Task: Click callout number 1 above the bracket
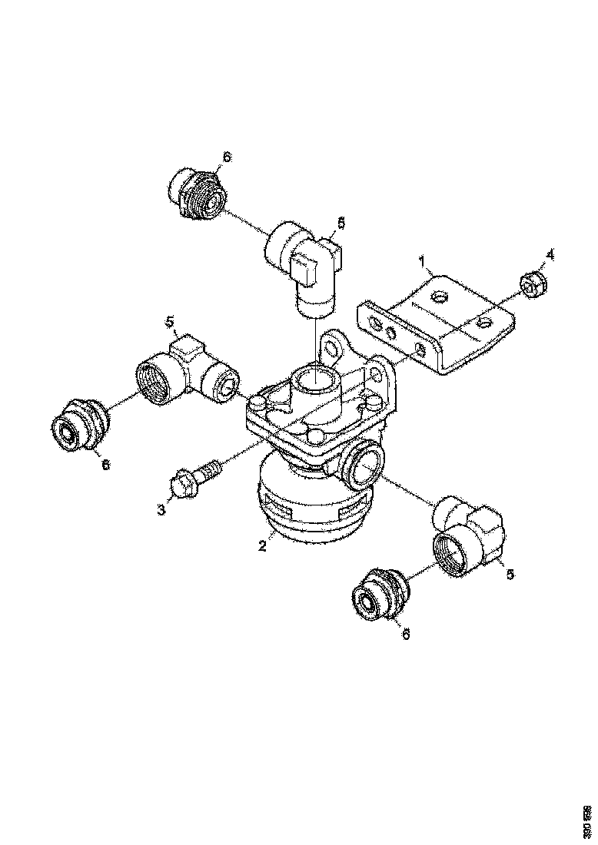pyautogui.click(x=421, y=263)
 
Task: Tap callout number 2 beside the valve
pyautogui.click(x=262, y=546)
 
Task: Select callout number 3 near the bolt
pyautogui.click(x=162, y=509)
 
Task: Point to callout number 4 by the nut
pyautogui.click(x=550, y=253)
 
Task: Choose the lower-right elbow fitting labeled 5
pyautogui.click(x=467, y=538)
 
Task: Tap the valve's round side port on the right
pyautogui.click(x=364, y=466)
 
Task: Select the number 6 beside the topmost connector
pyautogui.click(x=226, y=157)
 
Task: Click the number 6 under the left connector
pyautogui.click(x=105, y=466)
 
